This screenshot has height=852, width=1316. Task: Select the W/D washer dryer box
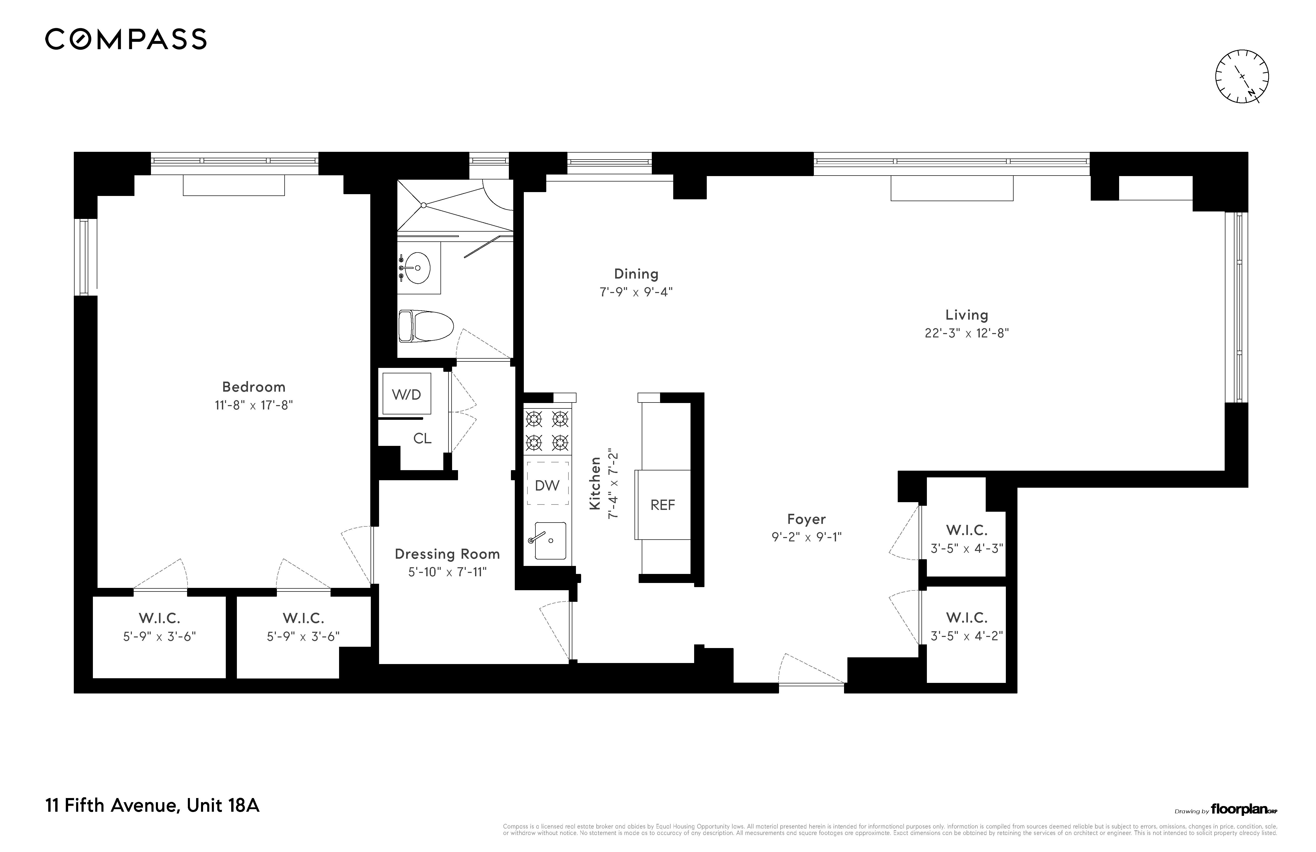coord(406,394)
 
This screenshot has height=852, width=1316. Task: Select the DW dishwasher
coord(547,485)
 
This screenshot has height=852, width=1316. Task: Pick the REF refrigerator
coord(662,504)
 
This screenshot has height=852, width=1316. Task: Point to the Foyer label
coord(806,519)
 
